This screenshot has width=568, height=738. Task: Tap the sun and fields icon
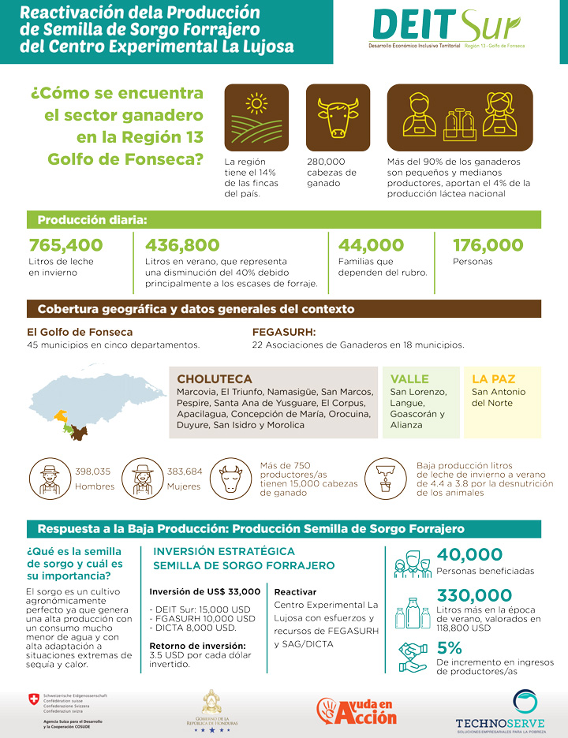[x=256, y=115]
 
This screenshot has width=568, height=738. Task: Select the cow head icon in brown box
[x=337, y=115]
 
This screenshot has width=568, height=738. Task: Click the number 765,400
[x=66, y=246]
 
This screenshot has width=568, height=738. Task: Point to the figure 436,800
[x=182, y=246]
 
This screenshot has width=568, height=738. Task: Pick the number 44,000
[x=371, y=246]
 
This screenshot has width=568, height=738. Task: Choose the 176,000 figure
[x=488, y=246]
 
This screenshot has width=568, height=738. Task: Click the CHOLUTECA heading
[x=215, y=379]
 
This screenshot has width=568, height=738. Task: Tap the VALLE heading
[x=409, y=379]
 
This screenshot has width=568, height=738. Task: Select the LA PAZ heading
[x=493, y=379]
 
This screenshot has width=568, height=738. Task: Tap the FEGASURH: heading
[x=283, y=332]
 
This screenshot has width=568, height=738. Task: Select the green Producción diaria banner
[x=284, y=220]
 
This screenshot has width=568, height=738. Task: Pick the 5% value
[x=449, y=648]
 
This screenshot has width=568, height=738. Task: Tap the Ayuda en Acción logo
[x=357, y=710]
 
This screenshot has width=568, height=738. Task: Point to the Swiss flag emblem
[x=33, y=699]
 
